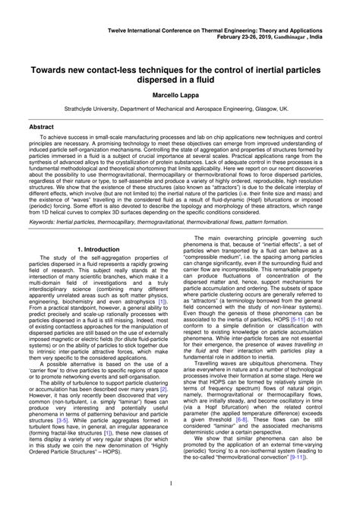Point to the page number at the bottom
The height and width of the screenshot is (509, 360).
pos(180,482)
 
